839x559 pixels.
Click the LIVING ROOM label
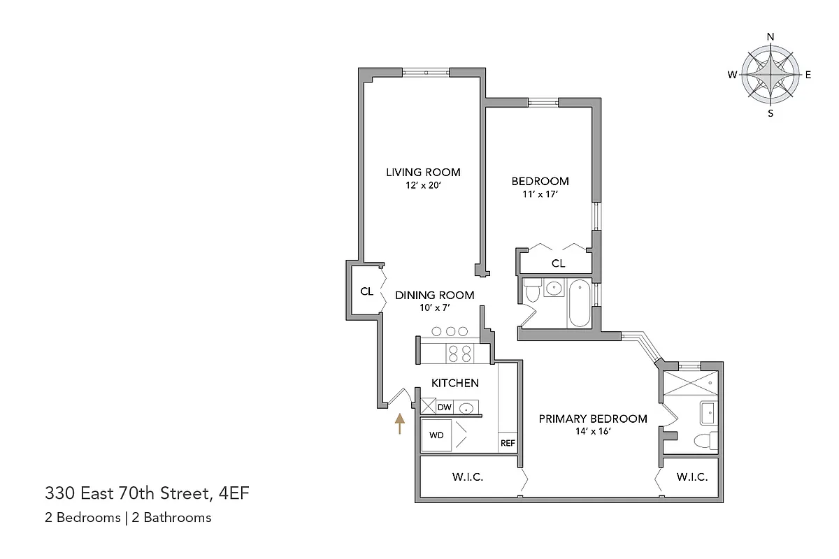[423, 172]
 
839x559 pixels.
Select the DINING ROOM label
[434, 295]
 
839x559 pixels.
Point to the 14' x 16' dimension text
[592, 432]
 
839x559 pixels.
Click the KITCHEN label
[454, 383]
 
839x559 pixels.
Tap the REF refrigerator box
[507, 443]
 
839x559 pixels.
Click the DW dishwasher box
[444, 407]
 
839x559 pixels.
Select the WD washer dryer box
[436, 435]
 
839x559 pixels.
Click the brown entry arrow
[399, 423]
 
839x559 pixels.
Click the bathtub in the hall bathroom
[579, 303]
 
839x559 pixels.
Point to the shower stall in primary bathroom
[690, 382]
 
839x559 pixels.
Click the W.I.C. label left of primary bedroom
[468, 478]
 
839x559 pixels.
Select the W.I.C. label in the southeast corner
[692, 478]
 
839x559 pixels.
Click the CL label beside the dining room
[366, 291]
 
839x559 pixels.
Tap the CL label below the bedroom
[558, 263]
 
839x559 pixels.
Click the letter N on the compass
[770, 37]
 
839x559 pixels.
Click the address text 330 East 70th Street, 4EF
[147, 495]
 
